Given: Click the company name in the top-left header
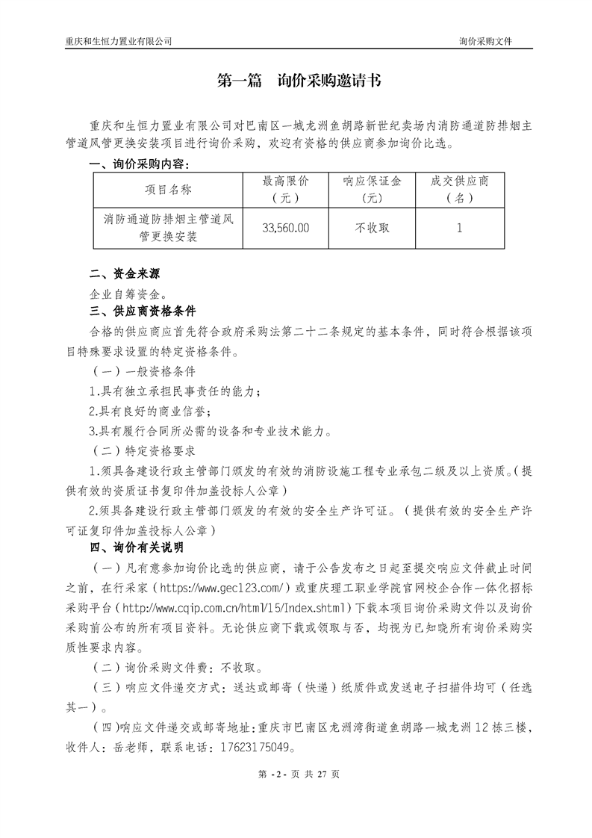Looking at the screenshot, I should pyautogui.click(x=119, y=42).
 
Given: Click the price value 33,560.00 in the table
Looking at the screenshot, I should pyautogui.click(x=285, y=228).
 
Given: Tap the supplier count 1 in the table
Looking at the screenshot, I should pyautogui.click(x=459, y=228).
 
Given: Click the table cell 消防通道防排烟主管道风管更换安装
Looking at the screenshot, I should pyautogui.click(x=169, y=228).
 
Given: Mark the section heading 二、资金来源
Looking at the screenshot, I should pyautogui.click(x=125, y=273).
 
